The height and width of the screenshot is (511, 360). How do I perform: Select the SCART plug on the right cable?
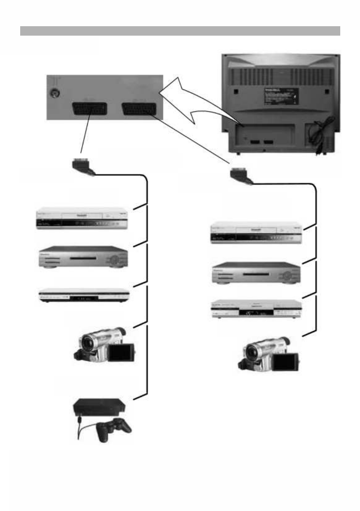[241, 175]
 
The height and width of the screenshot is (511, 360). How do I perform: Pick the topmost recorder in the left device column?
[82, 219]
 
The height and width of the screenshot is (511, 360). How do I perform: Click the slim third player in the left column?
[83, 296]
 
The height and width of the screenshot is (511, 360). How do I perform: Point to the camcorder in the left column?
[104, 345]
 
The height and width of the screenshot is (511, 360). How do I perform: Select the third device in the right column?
[256, 309]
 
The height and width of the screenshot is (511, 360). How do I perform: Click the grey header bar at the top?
[180, 31]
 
